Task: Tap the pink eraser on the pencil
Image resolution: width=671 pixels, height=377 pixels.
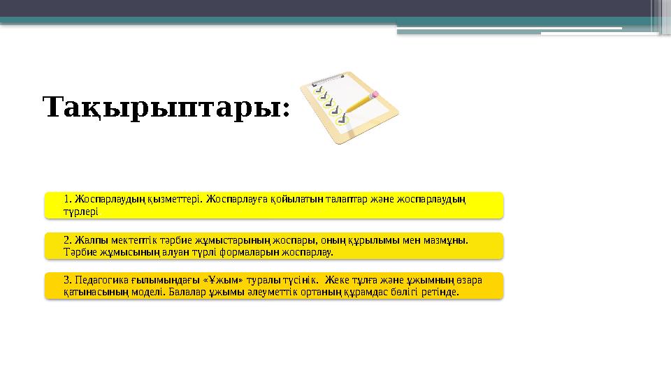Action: coord(375,92)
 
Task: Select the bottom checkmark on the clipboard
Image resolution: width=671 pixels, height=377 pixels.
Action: coord(340,119)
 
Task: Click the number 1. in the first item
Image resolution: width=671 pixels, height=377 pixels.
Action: coord(67,199)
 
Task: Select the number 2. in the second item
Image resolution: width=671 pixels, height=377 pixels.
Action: coord(67,239)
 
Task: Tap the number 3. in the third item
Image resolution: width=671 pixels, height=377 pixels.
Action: coord(67,280)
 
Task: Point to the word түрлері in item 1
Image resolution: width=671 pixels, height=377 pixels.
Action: coord(80,211)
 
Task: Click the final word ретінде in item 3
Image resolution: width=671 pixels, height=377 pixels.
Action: coord(438,292)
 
